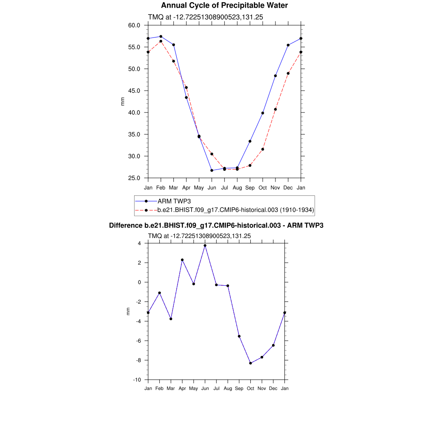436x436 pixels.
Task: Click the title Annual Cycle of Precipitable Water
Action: pyautogui.click(x=224, y=6)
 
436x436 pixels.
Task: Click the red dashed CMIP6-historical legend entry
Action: pyautogui.click(x=235, y=210)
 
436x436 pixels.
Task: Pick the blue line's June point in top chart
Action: pyautogui.click(x=212, y=170)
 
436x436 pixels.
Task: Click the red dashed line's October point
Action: pyautogui.click(x=263, y=149)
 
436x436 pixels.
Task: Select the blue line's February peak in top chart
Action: pyautogui.click(x=161, y=37)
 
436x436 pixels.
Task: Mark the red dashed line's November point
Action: pyautogui.click(x=275, y=109)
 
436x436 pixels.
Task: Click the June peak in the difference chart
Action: pyautogui.click(x=205, y=245)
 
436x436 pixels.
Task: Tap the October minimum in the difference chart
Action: pyautogui.click(x=250, y=363)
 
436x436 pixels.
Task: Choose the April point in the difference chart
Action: pyautogui.click(x=182, y=260)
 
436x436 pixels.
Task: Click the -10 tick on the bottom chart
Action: pyautogui.click(x=138, y=380)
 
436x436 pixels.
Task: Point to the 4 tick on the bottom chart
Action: pyautogui.click(x=139, y=244)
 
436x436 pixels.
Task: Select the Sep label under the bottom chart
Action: pyautogui.click(x=239, y=388)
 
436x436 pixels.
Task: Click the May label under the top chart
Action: pyautogui.click(x=199, y=188)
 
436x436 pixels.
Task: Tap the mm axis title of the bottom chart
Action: pyautogui.click(x=128, y=312)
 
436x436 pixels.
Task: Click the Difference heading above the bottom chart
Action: pyautogui.click(x=216, y=226)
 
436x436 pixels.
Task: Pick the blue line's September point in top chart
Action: pyautogui.click(x=250, y=141)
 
